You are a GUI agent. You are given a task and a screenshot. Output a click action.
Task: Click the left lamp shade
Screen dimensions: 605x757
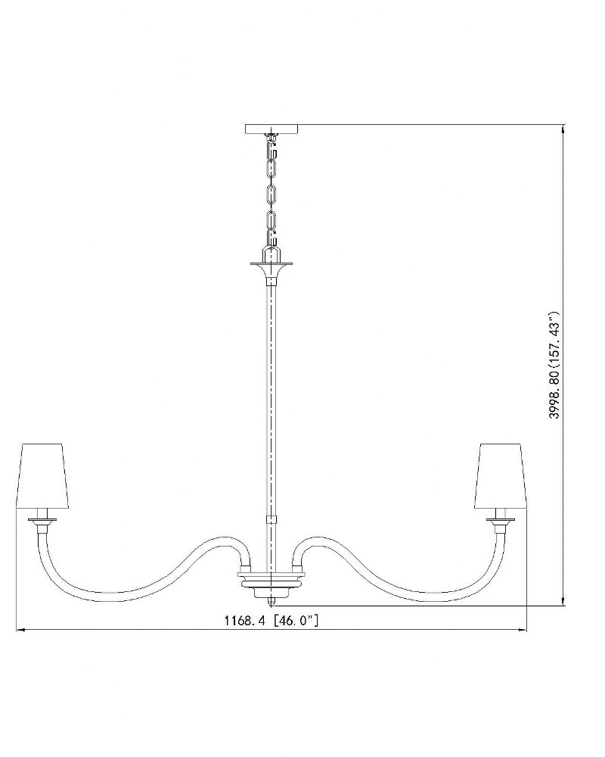pyautogui.click(x=45, y=475)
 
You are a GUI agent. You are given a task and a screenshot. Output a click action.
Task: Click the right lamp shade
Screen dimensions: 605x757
pyautogui.click(x=499, y=475)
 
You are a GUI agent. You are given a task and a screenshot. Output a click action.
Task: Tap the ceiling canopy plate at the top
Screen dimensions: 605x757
pyautogui.click(x=271, y=129)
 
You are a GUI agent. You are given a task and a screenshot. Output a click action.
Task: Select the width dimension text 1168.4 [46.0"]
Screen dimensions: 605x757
pyautogui.click(x=271, y=620)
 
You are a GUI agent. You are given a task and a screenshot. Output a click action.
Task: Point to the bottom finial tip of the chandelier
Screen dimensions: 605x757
pyautogui.click(x=271, y=604)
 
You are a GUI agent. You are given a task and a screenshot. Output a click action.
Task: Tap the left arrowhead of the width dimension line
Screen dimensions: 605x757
pyautogui.click(x=20, y=630)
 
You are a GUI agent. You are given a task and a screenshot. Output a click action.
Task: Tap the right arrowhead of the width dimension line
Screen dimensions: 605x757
pyautogui.click(x=523, y=630)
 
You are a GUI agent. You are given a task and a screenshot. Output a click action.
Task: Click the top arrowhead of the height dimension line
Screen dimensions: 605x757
pyautogui.click(x=563, y=129)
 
